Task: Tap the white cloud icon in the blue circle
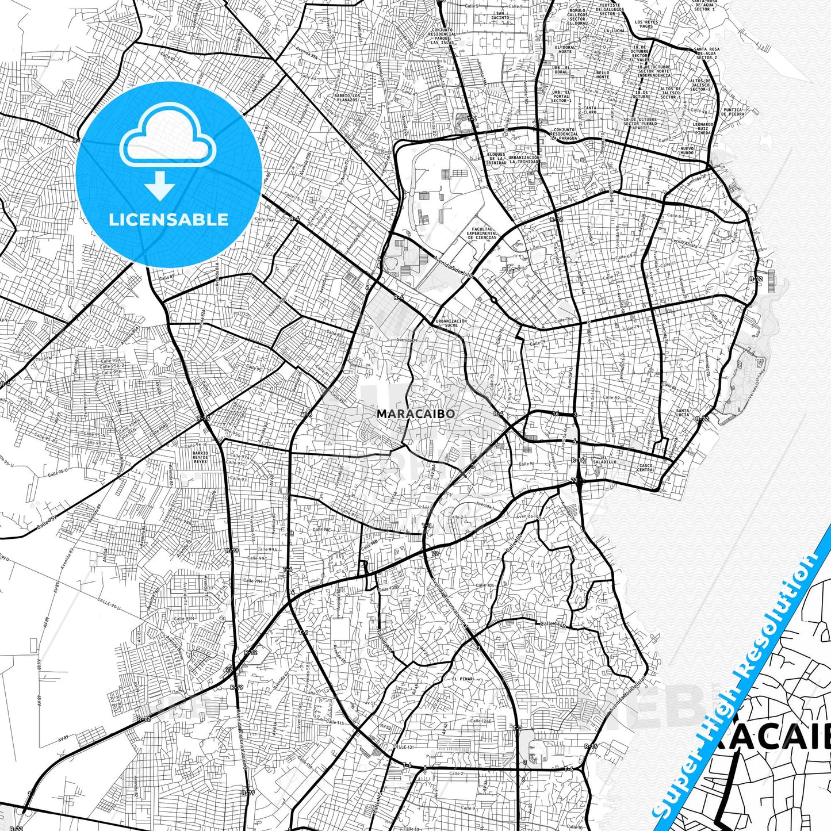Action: click(x=168, y=136)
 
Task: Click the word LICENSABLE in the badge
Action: click(x=169, y=219)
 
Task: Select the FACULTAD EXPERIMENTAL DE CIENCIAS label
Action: click(x=481, y=232)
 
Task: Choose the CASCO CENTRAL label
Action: click(x=646, y=468)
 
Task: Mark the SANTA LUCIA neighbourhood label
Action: click(x=683, y=412)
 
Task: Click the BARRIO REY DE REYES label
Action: click(x=200, y=457)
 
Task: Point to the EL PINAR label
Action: click(x=462, y=679)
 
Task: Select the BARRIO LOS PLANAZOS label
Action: click(x=347, y=97)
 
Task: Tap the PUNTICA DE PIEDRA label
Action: click(x=733, y=112)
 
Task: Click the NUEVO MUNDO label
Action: click(x=687, y=151)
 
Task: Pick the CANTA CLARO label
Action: click(x=590, y=110)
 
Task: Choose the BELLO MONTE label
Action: click(x=603, y=75)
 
